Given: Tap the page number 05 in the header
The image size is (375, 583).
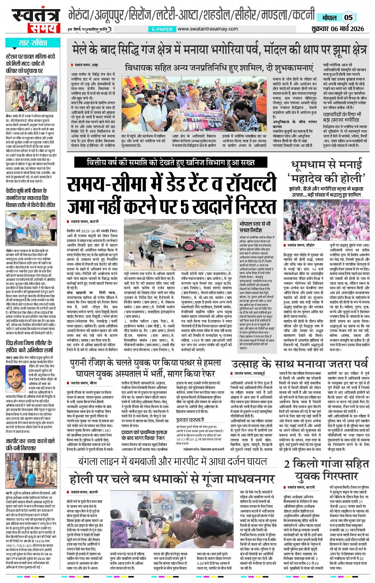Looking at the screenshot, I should pos(348,17).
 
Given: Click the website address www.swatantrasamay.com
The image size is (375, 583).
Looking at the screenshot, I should pos(208,29).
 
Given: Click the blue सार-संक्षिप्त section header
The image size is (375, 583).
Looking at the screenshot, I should pos(33,42).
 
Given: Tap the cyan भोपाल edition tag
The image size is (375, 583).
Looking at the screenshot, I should pos(329,17).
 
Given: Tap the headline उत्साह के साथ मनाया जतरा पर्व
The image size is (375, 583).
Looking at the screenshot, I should pos(299,364).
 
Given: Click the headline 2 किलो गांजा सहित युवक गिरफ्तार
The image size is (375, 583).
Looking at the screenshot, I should pos(326,469).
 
